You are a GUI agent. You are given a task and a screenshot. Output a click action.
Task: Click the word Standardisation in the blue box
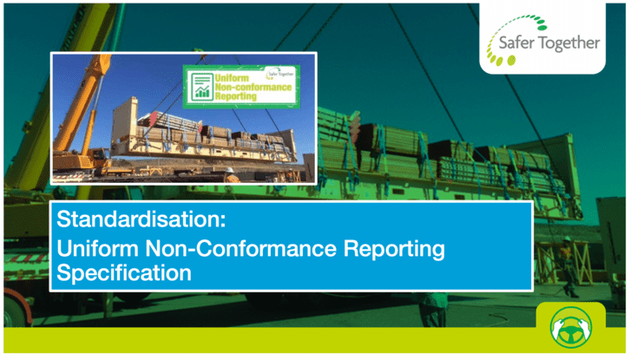point(141,219)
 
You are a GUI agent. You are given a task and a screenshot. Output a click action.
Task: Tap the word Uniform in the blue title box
point(98,248)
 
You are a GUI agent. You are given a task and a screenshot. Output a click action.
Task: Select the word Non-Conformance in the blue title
point(241,248)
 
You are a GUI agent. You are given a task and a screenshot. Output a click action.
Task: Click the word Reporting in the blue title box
point(394,250)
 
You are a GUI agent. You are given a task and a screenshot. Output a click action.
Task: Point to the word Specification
point(124,273)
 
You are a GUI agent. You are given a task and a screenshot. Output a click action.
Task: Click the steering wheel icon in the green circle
point(571,327)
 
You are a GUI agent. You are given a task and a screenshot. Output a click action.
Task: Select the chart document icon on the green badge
point(201,87)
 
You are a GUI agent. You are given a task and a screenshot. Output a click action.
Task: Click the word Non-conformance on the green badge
point(253,87)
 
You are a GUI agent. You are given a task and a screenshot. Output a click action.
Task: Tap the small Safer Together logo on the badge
point(280,74)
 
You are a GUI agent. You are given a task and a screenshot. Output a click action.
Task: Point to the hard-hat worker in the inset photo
point(231,174)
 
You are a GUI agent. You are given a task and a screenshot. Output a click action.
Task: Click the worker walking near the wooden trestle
point(569,265)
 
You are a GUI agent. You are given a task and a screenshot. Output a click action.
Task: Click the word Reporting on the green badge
point(235,96)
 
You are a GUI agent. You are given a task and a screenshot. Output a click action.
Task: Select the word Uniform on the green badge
point(232,78)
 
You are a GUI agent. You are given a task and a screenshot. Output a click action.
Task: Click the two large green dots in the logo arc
point(505,61)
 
